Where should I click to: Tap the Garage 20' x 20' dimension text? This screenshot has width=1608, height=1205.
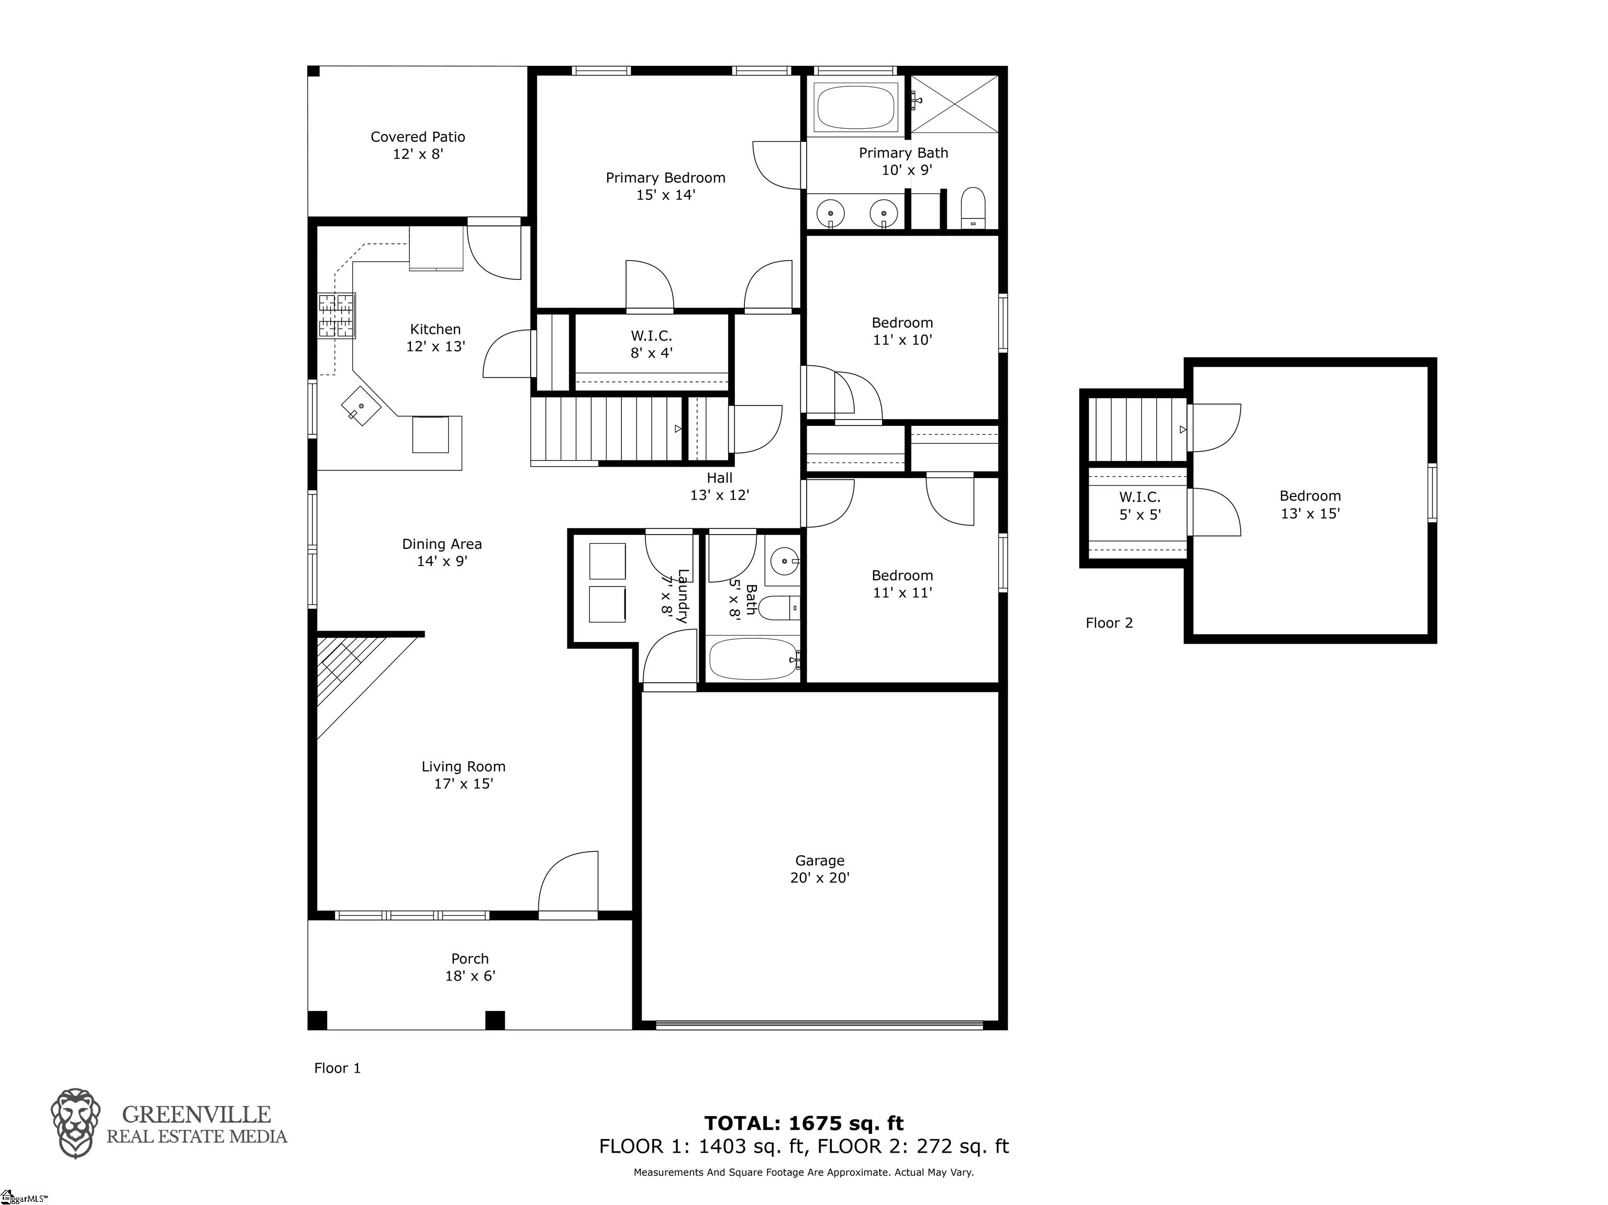tap(820, 877)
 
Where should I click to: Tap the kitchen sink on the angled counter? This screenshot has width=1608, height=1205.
tap(361, 406)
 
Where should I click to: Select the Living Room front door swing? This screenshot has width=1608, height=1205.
tap(568, 880)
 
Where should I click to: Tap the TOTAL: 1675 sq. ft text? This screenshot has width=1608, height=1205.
tap(804, 1123)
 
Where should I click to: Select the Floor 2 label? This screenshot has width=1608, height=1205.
tap(1109, 623)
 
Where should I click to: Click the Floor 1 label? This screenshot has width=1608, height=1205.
tap(337, 1067)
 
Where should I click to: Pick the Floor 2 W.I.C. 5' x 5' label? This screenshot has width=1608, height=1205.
tap(1140, 506)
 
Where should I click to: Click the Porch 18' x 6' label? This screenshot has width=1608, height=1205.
tap(471, 967)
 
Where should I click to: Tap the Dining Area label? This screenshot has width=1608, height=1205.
tap(442, 544)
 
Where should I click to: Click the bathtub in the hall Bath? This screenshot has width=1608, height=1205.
tap(754, 658)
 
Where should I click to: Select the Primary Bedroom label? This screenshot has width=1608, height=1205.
tap(666, 177)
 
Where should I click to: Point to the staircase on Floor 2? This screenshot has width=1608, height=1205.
tap(1137, 430)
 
